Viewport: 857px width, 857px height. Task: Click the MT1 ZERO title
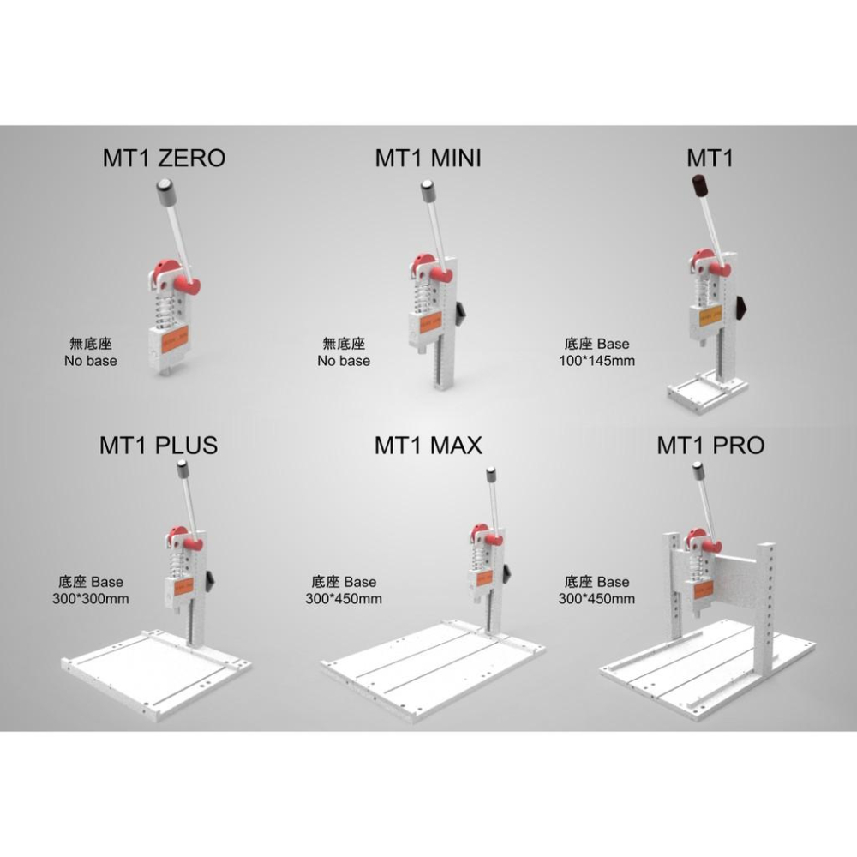[x=164, y=158]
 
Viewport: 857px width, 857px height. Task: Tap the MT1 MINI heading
[x=428, y=158]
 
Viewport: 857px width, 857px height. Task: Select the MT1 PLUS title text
[x=159, y=446]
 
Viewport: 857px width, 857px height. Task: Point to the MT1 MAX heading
[x=428, y=446]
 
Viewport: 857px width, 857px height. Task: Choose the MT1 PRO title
[x=710, y=446]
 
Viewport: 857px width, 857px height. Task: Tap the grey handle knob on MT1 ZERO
[x=165, y=192]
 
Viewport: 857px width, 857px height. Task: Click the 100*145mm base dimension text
[x=596, y=361]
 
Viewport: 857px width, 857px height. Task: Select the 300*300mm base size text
[x=91, y=599]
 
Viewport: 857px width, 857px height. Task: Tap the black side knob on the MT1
[x=741, y=310]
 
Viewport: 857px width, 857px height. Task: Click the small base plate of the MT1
[x=707, y=392]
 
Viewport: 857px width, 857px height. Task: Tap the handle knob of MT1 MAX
[x=491, y=475]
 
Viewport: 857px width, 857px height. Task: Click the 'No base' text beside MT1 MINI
[x=344, y=361]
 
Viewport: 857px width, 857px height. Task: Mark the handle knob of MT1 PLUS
[x=182, y=469]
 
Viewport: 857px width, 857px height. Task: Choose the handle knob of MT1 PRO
[x=698, y=471]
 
